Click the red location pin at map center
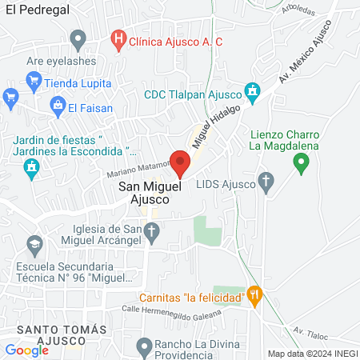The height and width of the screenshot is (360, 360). click(x=180, y=162)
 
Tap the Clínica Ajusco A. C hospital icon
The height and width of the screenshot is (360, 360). click(x=118, y=38)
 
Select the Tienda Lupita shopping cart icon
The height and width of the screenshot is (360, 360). click(x=34, y=81)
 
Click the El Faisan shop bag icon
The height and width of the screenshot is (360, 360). click(x=58, y=105)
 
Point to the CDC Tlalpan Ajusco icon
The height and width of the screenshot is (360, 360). click(x=253, y=93)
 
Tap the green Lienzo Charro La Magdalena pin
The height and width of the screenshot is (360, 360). click(x=301, y=164)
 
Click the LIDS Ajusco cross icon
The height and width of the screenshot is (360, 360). click(x=267, y=182)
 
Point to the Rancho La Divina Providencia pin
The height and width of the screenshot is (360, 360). click(x=144, y=346)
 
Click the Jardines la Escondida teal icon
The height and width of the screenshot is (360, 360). click(x=32, y=168)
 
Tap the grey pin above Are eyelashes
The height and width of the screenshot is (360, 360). click(x=78, y=38)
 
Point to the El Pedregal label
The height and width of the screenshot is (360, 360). click(x=37, y=8)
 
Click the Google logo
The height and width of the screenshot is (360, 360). click(x=26, y=350)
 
